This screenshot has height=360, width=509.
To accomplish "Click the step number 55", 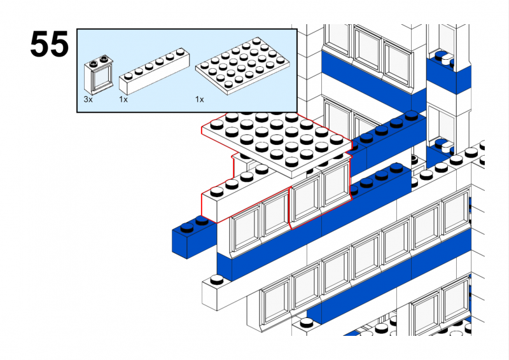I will [x=49, y=45].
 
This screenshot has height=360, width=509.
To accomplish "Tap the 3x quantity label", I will [x=88, y=100].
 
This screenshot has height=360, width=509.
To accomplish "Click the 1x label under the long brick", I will [x=123, y=100].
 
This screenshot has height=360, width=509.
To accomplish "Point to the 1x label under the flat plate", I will [x=200, y=100].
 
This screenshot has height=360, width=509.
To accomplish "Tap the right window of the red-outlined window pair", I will [x=336, y=184].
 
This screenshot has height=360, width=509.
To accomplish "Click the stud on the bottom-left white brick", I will [x=218, y=279].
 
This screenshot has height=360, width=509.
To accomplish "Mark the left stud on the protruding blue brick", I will [x=188, y=225].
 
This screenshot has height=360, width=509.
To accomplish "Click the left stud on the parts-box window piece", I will [x=94, y=62].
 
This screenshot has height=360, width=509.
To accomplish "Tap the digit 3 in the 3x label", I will [x=86, y=100].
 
